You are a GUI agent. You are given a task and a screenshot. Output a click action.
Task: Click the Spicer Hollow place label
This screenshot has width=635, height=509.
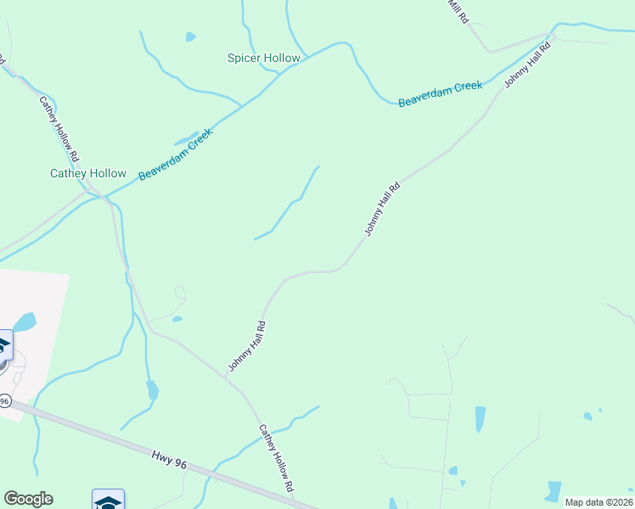264,59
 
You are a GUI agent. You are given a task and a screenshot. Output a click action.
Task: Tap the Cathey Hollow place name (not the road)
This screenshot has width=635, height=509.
88,173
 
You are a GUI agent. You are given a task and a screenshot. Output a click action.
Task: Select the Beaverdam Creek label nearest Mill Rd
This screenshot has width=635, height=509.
441,93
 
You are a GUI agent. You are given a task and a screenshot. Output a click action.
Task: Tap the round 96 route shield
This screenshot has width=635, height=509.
4,399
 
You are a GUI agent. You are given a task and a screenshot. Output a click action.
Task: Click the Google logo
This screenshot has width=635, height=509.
28,499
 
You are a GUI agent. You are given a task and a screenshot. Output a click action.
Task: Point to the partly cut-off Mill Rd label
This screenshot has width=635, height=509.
458,12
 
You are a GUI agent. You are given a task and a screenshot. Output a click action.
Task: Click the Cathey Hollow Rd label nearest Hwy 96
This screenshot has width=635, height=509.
276,459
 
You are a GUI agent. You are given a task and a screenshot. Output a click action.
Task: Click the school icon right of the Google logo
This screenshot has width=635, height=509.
109,501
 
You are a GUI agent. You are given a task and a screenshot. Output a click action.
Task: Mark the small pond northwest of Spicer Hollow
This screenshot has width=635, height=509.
191,37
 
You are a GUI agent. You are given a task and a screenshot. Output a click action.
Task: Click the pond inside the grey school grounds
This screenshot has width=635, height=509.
25,322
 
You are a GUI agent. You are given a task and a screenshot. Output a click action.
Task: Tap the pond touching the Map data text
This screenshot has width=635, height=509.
554,490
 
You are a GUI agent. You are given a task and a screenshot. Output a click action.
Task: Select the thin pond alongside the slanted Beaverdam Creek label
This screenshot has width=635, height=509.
185,140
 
